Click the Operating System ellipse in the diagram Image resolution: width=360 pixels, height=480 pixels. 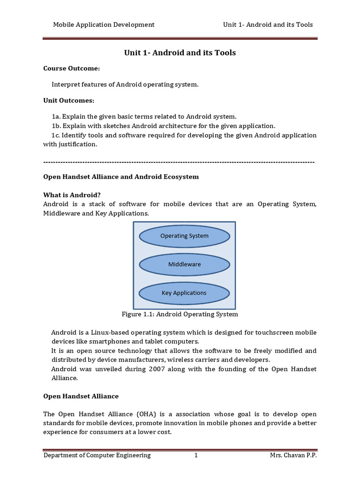point(184,236)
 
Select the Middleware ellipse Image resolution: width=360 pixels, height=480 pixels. point(184,264)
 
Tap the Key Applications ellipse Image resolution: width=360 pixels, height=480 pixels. point(184,293)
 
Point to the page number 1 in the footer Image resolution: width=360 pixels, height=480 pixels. point(196,455)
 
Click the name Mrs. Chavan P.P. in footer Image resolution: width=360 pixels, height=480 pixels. point(293,455)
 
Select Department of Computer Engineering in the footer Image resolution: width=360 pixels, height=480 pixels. point(97,455)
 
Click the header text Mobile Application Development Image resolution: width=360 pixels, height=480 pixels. point(103,24)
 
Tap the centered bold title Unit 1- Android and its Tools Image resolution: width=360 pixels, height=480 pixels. point(180,53)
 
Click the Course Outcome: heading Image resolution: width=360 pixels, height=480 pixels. point(71,68)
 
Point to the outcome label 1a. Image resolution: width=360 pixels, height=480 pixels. point(56,116)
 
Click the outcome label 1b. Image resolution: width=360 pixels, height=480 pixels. point(56,126)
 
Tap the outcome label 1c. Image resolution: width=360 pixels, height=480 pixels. point(56,135)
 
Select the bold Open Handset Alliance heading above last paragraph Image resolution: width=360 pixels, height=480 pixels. point(81,396)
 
